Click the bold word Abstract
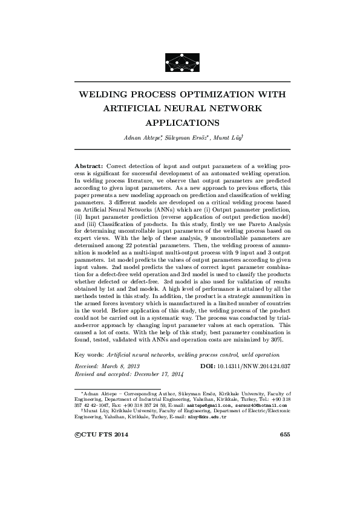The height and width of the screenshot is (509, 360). (88, 165)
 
